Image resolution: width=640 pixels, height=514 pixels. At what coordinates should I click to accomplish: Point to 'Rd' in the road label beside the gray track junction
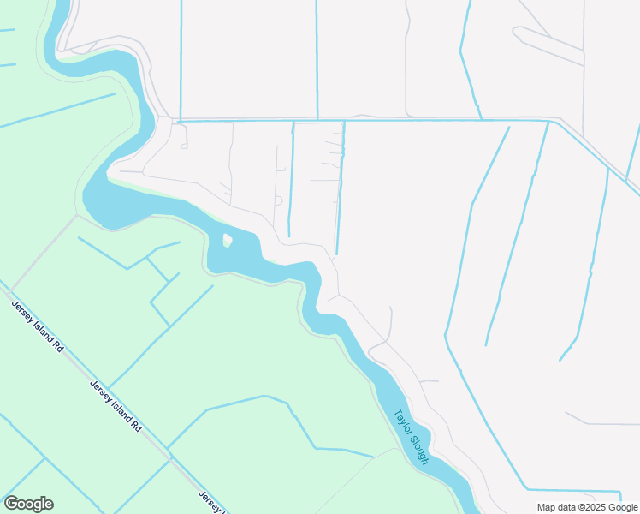(56, 346)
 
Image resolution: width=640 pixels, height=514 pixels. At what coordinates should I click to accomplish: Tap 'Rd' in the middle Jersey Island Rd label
(135, 423)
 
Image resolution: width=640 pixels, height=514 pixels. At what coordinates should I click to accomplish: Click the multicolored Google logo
(28, 504)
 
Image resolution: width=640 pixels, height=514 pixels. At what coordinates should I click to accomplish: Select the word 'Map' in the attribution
(547, 507)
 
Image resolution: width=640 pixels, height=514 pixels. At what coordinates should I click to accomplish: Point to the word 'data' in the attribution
(568, 507)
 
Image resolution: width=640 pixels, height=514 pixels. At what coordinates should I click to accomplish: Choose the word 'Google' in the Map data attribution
(623, 507)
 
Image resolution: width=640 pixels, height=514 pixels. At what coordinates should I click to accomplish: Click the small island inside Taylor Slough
(227, 240)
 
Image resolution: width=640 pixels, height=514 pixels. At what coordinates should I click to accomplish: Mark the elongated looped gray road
(548, 45)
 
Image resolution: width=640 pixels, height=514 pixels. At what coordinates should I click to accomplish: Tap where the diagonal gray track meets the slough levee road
(78, 216)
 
